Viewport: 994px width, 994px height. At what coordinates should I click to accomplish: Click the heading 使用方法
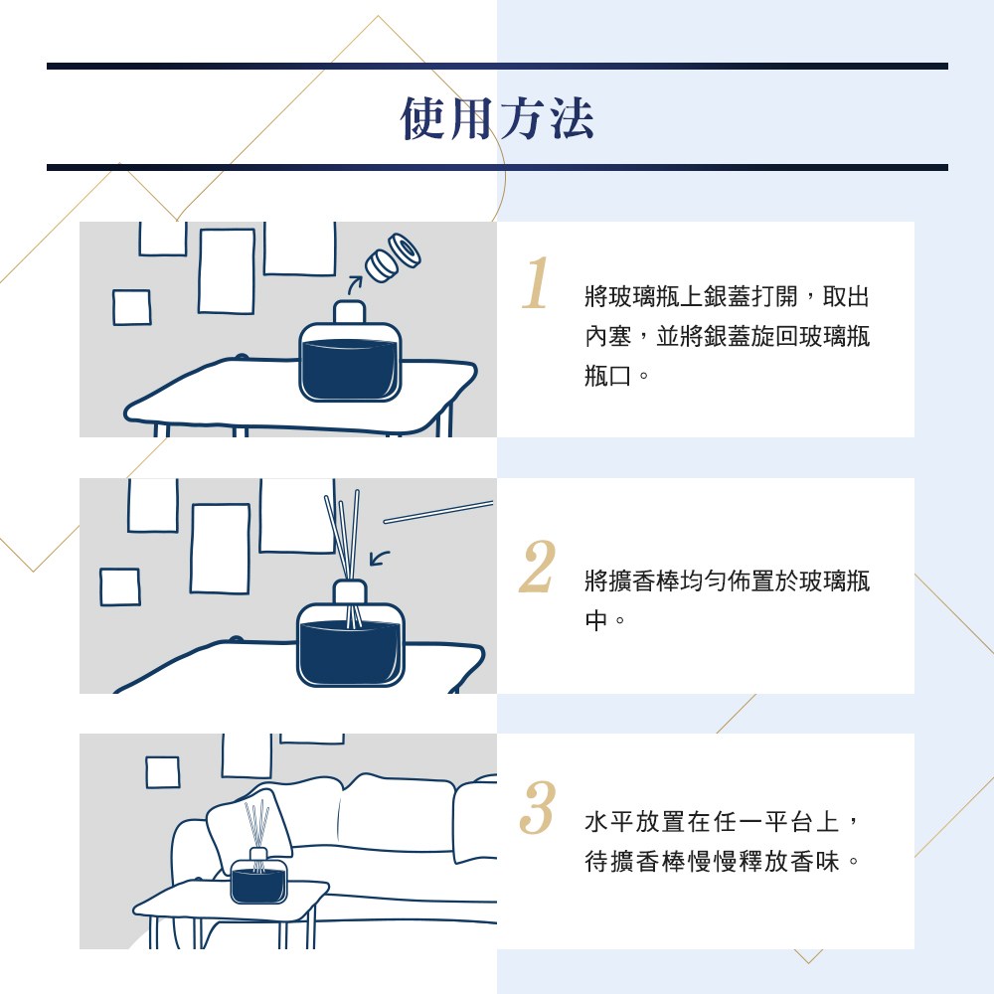click(x=497, y=118)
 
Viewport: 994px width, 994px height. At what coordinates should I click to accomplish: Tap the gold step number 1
click(x=536, y=282)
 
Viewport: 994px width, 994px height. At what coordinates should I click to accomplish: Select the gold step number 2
click(x=537, y=567)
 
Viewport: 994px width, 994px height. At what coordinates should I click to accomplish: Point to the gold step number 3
click(x=537, y=807)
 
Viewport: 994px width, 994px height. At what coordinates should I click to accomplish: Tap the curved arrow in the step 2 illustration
click(x=379, y=558)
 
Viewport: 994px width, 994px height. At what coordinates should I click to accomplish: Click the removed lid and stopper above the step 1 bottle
click(x=393, y=258)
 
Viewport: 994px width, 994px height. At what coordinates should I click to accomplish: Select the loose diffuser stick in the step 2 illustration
click(x=438, y=512)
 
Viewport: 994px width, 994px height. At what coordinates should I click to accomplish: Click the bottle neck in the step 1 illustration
click(x=350, y=312)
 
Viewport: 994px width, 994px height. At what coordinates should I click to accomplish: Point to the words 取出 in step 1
click(x=846, y=296)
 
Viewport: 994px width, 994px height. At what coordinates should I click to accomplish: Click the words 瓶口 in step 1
click(x=608, y=376)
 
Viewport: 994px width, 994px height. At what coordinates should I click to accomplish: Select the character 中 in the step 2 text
click(x=596, y=620)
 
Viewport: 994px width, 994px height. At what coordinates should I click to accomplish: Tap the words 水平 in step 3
click(x=609, y=822)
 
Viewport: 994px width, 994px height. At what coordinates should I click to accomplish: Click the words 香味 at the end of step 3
click(x=816, y=862)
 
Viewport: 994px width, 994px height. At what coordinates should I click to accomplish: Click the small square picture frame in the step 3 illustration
click(x=162, y=772)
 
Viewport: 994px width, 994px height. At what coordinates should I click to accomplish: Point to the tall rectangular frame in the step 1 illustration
click(x=227, y=270)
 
